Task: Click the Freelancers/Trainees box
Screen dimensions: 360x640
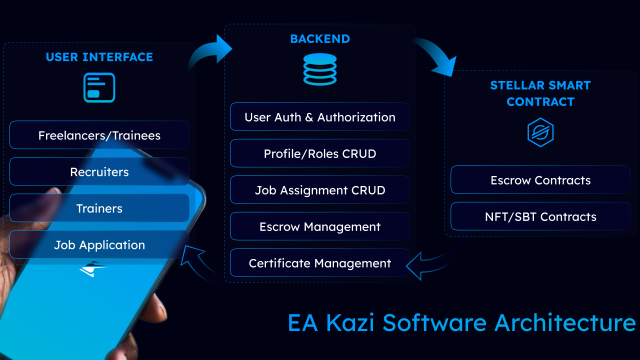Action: coord(99,135)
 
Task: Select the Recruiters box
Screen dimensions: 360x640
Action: coord(99,172)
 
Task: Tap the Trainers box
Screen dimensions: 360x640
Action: coord(99,208)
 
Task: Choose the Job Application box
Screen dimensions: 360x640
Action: coord(99,245)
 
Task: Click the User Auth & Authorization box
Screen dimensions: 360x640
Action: coord(320,117)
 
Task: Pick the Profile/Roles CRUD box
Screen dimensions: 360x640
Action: coord(320,154)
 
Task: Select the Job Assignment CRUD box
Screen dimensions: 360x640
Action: coord(320,190)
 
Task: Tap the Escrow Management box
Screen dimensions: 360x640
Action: coord(320,227)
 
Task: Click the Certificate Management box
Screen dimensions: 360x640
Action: coord(320,263)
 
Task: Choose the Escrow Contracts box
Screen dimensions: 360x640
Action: coord(540,180)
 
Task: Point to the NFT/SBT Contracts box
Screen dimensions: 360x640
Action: coord(540,217)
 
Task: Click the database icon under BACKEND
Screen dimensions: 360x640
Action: coord(320,69)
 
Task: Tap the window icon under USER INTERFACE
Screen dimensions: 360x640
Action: coord(99,87)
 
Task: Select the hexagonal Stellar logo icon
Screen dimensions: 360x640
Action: coord(540,132)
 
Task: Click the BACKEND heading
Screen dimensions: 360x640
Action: coord(320,39)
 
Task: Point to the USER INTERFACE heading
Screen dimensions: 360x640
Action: coord(99,57)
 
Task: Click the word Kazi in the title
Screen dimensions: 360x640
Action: coord(350,323)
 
